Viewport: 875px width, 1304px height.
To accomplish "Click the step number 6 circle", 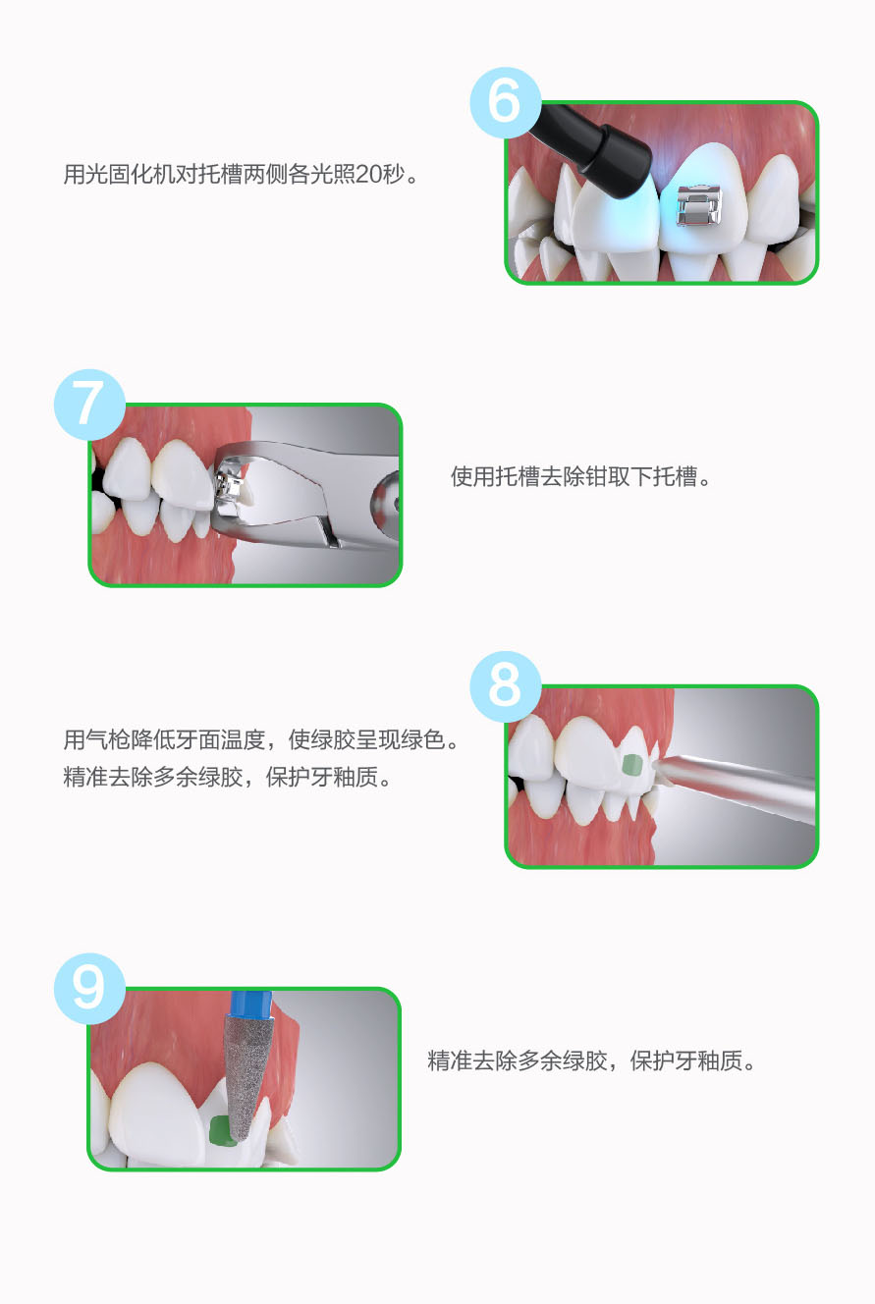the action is click(x=506, y=102).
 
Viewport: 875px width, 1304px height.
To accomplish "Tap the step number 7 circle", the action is click(x=89, y=405).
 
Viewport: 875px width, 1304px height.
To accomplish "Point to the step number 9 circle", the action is click(x=89, y=989).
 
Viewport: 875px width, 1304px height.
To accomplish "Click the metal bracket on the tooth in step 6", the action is click(x=698, y=205).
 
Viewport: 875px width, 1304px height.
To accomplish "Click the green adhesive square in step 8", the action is click(x=632, y=764).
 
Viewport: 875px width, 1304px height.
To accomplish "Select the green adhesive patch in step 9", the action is click(x=220, y=1132).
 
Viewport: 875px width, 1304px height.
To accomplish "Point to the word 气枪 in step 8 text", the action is click(x=108, y=740).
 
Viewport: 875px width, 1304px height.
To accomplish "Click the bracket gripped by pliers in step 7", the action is click(x=228, y=482).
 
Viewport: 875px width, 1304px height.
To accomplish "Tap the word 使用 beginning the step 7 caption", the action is click(x=472, y=477).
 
